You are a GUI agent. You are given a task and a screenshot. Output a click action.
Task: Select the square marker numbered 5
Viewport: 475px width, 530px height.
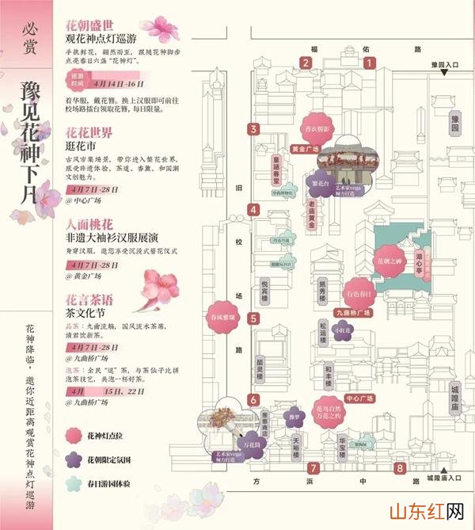253,318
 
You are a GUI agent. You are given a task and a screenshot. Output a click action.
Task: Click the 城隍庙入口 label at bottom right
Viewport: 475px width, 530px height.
443,479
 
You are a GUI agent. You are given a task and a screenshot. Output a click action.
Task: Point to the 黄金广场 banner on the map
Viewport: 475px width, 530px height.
305,148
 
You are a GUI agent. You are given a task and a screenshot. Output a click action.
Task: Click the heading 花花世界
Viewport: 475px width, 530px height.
89,133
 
